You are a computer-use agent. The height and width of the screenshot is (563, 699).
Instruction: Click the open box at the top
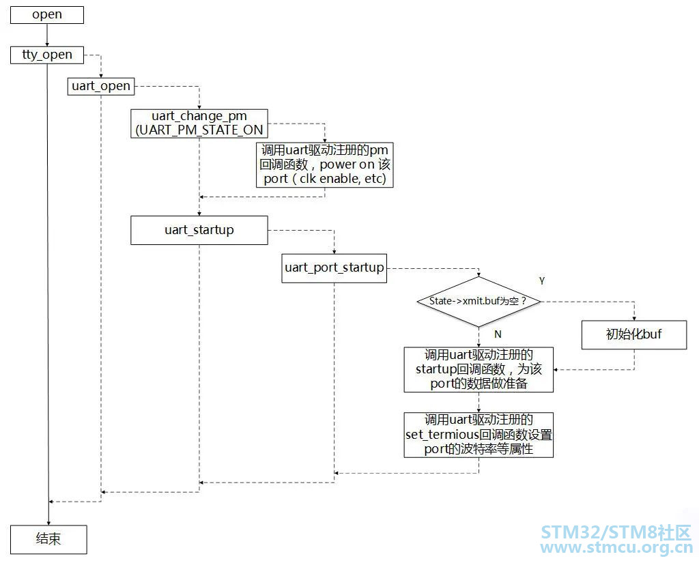(x=47, y=15)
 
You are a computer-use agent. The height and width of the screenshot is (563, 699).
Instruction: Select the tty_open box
(x=47, y=55)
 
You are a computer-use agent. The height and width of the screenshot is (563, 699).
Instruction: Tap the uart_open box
(x=101, y=85)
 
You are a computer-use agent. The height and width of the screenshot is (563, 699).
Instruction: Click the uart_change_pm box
(x=199, y=123)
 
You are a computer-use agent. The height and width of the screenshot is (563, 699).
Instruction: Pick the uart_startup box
(x=199, y=230)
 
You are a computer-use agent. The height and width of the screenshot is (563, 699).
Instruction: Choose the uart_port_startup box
(x=334, y=268)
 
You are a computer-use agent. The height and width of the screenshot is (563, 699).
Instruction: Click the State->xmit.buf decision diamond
(x=479, y=302)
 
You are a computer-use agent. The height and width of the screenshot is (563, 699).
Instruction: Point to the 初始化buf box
(x=634, y=334)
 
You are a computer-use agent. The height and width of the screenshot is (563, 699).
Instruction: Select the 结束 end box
(x=48, y=539)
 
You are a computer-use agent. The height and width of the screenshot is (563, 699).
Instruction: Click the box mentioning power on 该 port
(x=324, y=164)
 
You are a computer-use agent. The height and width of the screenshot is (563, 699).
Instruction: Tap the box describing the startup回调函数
(x=479, y=370)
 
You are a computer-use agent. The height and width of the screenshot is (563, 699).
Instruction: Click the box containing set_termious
(x=479, y=435)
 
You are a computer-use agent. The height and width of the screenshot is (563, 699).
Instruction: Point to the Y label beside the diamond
(x=541, y=281)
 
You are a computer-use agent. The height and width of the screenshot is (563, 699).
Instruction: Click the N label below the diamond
(x=498, y=334)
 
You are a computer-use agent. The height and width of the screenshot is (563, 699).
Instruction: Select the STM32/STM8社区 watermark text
(x=616, y=532)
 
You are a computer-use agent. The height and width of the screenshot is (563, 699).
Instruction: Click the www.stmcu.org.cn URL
(x=616, y=547)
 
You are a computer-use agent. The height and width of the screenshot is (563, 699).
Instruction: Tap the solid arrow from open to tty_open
(x=47, y=35)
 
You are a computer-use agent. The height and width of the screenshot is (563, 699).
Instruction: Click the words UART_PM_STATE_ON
(x=201, y=130)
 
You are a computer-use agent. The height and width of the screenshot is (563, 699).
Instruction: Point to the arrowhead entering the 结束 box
(x=48, y=523)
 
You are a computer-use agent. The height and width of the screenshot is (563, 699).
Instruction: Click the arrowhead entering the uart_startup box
(x=199, y=214)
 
